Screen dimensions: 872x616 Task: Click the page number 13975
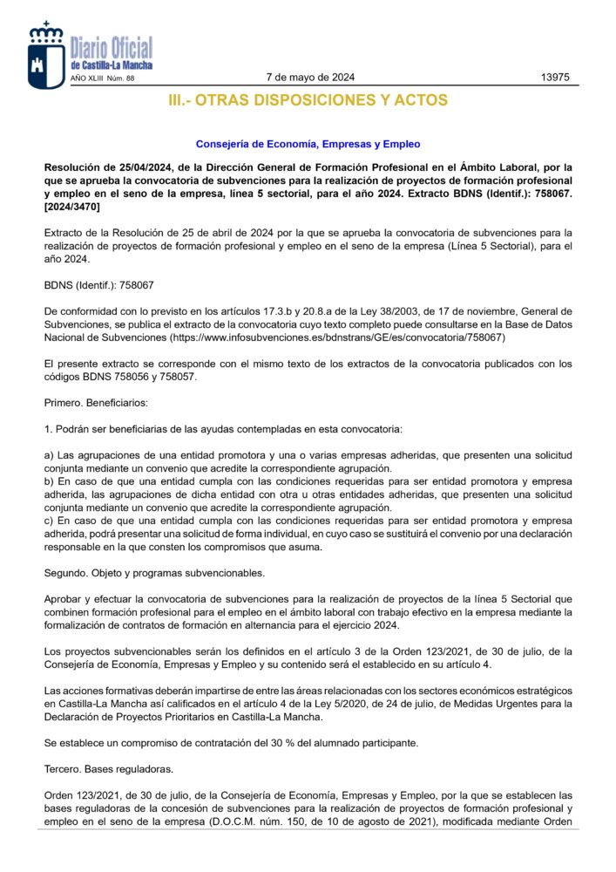(555, 78)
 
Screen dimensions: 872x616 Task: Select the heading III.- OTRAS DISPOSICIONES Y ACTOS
(308, 101)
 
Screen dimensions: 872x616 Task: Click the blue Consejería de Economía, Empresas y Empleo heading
(308, 144)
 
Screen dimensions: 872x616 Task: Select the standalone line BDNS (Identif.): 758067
(98, 284)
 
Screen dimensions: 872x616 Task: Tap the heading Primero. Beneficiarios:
(96, 403)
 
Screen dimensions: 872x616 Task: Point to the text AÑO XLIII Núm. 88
(102, 78)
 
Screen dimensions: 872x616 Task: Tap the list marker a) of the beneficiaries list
(49, 456)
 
